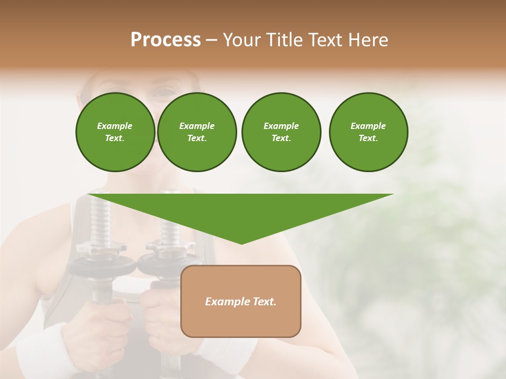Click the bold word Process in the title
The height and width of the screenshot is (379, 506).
[166, 40]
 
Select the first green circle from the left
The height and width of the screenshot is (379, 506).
[115, 132]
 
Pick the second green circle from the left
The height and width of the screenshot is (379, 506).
[197, 132]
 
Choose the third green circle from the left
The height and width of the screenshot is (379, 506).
[281, 132]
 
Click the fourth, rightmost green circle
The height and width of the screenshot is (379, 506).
[368, 132]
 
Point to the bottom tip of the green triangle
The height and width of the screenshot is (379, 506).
[241, 244]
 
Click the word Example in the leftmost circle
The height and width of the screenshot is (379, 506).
[115, 126]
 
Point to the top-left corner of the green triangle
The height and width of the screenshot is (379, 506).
[89, 195]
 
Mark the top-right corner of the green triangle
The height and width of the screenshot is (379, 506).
[393, 195]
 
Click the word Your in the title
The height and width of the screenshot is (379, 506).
[241, 40]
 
